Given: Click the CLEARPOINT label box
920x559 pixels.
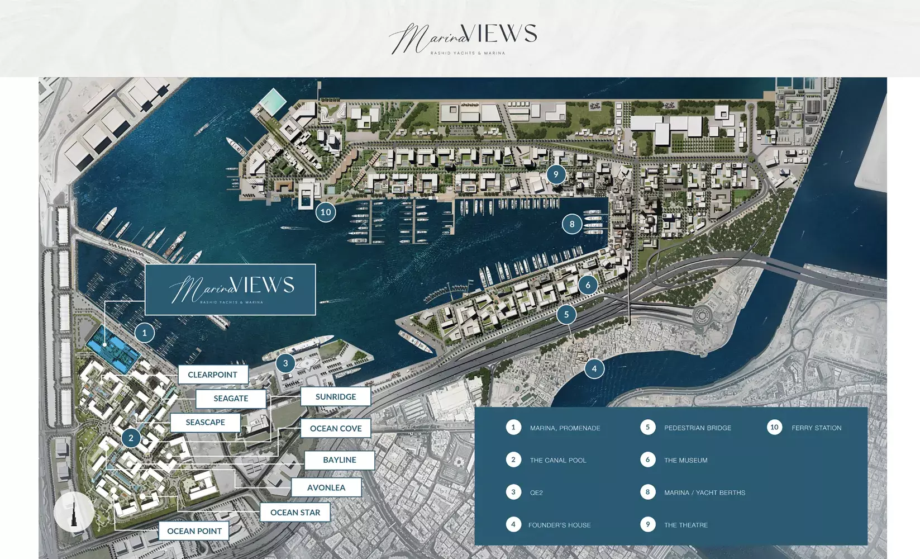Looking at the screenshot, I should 213,375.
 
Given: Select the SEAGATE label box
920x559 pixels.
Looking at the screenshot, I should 231,399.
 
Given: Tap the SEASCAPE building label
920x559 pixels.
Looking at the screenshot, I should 205,423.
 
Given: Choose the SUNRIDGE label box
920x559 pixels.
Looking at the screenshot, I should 335,397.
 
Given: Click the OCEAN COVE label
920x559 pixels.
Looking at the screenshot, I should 336,428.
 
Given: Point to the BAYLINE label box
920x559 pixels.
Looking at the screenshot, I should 339,460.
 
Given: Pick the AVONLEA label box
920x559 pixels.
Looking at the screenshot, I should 326,487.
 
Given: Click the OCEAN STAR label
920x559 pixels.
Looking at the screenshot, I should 295,513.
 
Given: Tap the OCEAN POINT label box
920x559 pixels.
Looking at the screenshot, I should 194,531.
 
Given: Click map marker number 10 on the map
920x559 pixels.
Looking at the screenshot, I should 326,212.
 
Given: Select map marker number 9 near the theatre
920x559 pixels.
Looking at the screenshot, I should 556,174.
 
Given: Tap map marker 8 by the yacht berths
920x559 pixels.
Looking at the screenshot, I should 571,224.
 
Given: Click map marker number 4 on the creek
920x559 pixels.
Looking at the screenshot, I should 594,368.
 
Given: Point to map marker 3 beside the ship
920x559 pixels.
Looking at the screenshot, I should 285,363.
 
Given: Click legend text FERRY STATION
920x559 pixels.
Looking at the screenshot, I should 816,428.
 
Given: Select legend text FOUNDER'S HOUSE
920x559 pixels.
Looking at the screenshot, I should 559,525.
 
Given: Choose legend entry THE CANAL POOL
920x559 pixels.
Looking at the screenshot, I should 558,461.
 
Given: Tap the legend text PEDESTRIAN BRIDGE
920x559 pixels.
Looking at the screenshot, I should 697,428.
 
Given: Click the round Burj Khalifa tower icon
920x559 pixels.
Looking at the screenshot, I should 74,511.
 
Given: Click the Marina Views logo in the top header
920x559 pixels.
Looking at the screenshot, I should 463,39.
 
